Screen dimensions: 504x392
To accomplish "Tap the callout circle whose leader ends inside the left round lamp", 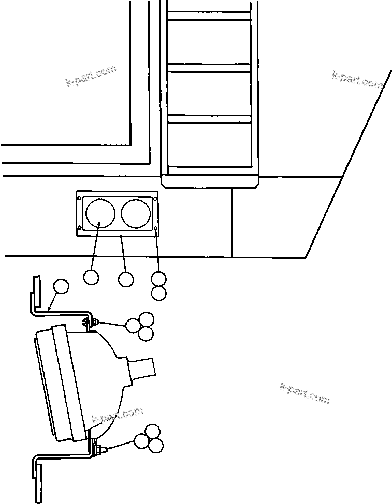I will click(91, 278).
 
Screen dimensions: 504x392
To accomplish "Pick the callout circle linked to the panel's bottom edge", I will click(126, 280).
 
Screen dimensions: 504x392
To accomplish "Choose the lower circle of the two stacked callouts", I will click(159, 293).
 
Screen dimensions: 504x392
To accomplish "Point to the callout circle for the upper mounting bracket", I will click(61, 286).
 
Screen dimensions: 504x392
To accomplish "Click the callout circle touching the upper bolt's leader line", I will click(134, 325).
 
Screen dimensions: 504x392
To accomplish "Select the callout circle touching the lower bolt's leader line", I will click(141, 440).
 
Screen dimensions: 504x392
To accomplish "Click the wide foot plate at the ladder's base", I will click(210, 181).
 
